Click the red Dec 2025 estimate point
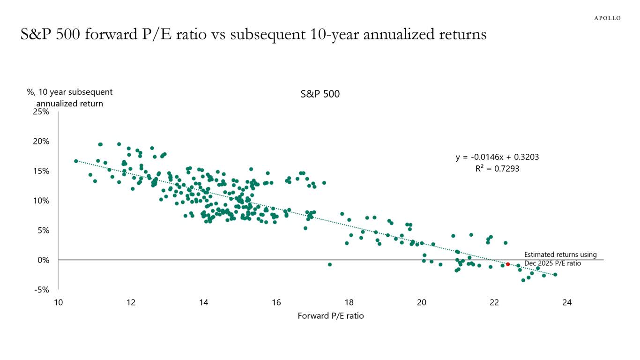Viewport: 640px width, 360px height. (507, 264)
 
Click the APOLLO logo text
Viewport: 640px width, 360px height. (607, 18)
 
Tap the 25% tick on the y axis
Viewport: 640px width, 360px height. (41, 112)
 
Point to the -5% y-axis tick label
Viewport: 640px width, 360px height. (41, 290)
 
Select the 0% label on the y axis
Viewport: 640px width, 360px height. (43, 260)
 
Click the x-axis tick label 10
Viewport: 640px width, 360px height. (58, 303)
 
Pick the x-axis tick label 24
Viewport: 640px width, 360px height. (567, 303)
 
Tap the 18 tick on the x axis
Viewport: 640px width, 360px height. (349, 303)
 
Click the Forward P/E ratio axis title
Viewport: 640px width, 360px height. (331, 316)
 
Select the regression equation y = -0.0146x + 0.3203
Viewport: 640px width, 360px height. (497, 157)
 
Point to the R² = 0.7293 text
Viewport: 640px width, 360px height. (497, 169)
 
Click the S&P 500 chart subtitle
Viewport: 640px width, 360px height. (320, 94)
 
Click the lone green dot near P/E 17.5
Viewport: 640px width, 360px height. (330, 264)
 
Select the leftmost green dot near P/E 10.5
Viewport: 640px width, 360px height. (76, 161)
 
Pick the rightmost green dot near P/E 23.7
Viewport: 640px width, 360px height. (555, 275)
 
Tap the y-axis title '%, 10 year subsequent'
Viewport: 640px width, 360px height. (70, 92)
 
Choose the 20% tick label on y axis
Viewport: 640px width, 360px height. (41, 142)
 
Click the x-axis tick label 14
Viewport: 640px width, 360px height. (203, 303)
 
